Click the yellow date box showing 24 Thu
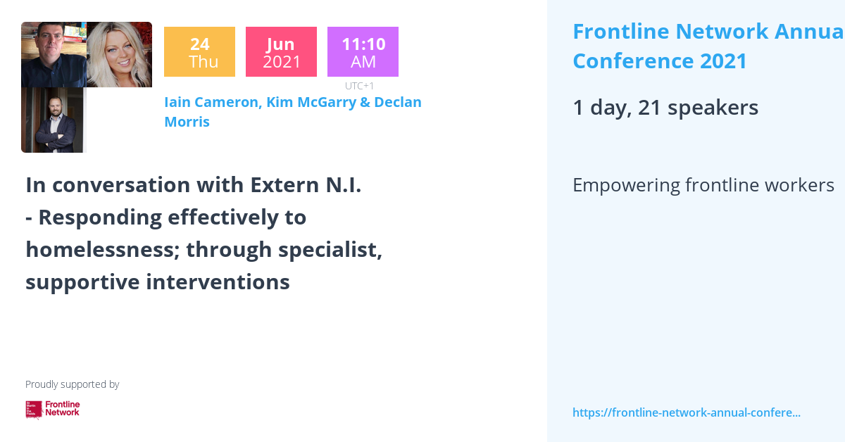[199, 52]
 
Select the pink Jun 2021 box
[281, 52]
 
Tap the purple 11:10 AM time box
[363, 52]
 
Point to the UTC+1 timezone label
[359, 86]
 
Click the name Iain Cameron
[212, 102]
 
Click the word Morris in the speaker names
[187, 122]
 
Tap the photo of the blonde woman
[119, 54]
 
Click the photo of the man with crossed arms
[54, 120]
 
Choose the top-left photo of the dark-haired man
[54, 54]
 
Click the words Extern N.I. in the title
[306, 185]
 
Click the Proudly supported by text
[72, 384]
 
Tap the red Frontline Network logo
[53, 409]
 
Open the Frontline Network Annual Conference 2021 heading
[704, 46]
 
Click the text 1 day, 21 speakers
[665, 108]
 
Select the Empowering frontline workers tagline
[703, 185]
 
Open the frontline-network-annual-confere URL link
[686, 412]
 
